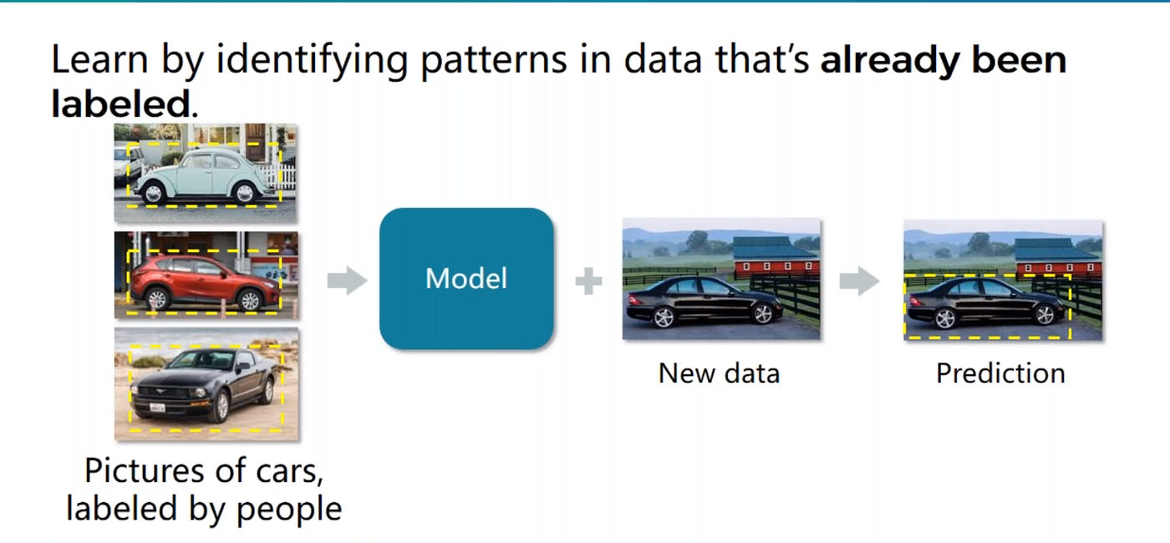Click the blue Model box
click(466, 278)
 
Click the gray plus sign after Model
click(588, 282)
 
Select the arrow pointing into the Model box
click(347, 282)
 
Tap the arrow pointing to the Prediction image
click(859, 282)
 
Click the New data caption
click(719, 373)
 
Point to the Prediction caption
click(1000, 373)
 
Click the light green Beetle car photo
click(206, 174)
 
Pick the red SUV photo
click(206, 276)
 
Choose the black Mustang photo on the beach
click(206, 384)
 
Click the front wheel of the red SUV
click(248, 299)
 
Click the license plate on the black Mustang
click(158, 408)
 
